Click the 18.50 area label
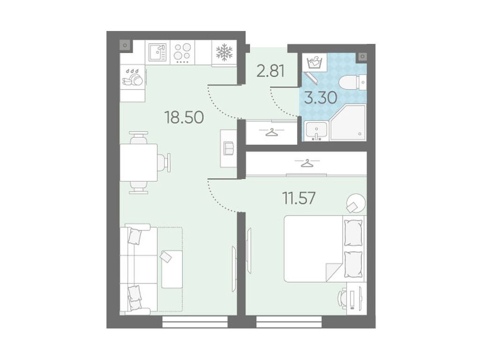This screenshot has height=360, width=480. click(184, 117)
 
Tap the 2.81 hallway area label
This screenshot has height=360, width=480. click(271, 71)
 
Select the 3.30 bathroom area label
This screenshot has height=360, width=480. click(321, 98)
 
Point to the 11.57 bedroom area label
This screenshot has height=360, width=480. click(299, 198)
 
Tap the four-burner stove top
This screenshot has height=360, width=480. click(182, 52)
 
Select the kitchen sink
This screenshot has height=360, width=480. click(157, 52)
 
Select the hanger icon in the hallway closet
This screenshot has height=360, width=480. click(271, 132)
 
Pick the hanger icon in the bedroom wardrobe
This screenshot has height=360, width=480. click(307, 163)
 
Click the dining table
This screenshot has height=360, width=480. click(139, 163)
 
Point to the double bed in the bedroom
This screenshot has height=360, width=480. click(324, 248)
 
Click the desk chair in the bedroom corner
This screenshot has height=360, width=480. click(342, 298)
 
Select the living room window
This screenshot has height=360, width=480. click(195, 322)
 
